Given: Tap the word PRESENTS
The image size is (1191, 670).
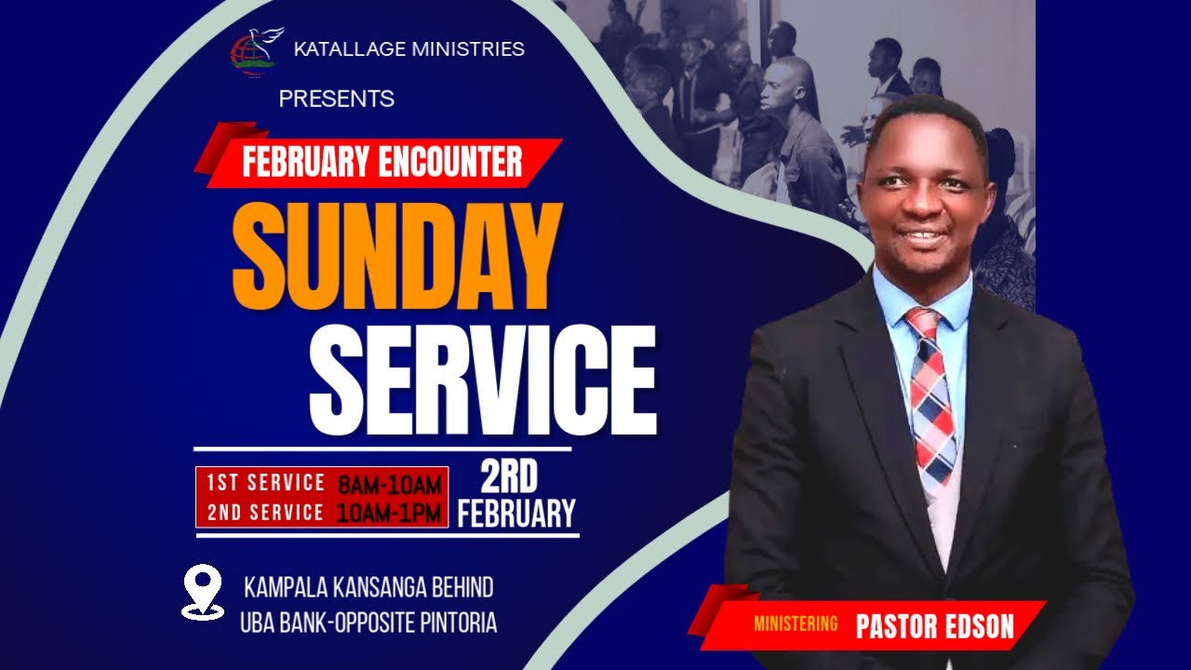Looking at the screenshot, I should click(336, 99).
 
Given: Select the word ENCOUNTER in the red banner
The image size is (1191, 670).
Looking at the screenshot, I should click(450, 163).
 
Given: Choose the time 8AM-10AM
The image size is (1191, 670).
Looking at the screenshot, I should click(389, 485).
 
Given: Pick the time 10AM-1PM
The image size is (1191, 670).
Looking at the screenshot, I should click(388, 513).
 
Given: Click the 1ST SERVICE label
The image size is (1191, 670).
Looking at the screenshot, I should click(265, 483).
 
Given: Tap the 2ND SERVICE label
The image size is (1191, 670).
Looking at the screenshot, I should click(265, 512).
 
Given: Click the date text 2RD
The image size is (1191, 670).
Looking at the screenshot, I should click(509, 478).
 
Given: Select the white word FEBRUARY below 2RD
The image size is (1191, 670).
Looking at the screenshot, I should click(516, 514).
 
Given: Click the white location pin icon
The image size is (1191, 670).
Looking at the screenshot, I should click(202, 591).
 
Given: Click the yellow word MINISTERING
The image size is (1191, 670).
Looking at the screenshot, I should click(796, 623).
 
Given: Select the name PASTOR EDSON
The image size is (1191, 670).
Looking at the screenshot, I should click(934, 625).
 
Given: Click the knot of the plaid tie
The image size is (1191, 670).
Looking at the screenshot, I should click(923, 327).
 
